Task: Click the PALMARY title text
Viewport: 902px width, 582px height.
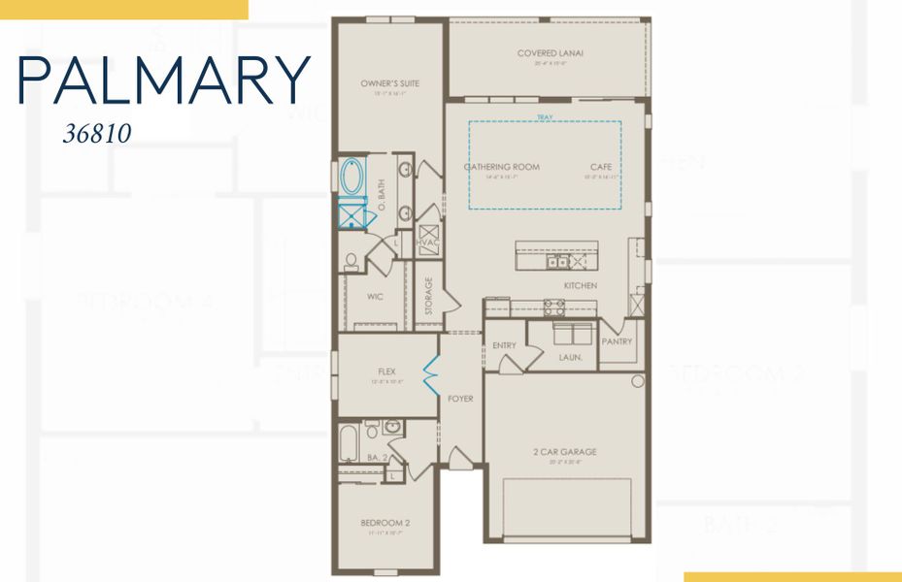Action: pos(163,81)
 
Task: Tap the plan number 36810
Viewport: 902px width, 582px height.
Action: pos(96,133)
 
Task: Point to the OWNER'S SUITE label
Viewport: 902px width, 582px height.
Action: pos(389,84)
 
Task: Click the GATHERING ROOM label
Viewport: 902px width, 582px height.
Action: pos(502,167)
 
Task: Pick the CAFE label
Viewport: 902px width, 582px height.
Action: pos(600,167)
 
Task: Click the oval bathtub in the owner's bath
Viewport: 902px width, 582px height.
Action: pos(351,178)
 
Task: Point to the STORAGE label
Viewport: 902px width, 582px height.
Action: pos(428,296)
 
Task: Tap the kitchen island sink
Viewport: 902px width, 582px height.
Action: pos(557,261)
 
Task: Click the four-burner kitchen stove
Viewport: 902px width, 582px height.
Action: pos(553,307)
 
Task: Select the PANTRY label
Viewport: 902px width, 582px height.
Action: pos(617,341)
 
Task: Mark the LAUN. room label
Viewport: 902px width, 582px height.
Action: pos(570,357)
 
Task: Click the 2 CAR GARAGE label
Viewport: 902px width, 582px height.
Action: pos(564,451)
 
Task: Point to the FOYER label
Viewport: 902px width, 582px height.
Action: pos(459,399)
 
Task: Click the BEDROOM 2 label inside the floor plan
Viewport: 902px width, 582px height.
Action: pos(384,523)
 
